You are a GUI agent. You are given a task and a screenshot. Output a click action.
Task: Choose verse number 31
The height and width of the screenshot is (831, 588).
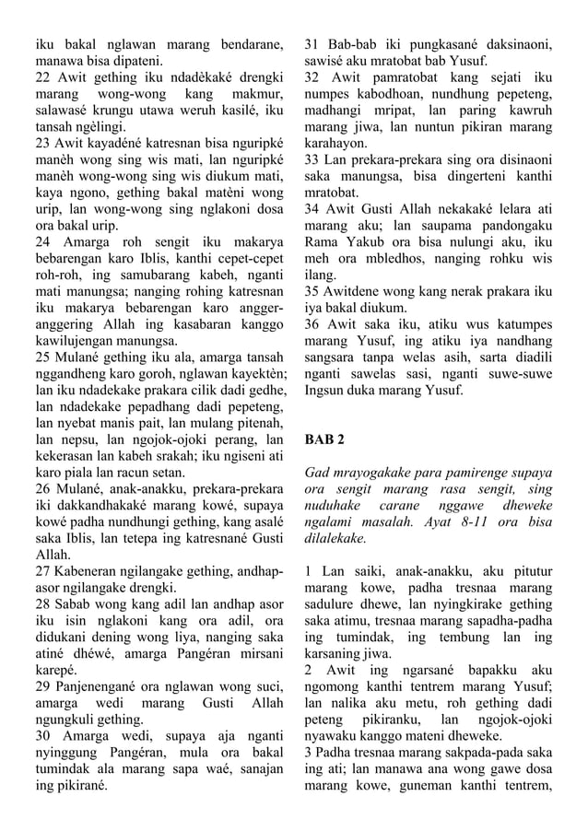pyautogui.click(x=313, y=43)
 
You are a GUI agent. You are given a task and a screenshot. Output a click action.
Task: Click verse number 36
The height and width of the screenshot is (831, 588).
pyautogui.click(x=313, y=325)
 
